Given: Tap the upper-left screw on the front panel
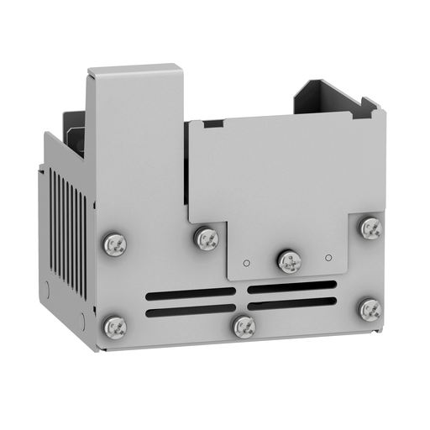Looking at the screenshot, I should point(114,244).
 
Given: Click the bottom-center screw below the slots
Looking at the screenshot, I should point(244,326).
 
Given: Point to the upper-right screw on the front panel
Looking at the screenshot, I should point(370,228).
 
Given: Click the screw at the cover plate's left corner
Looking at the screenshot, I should point(206,239).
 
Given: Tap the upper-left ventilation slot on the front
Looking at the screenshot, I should point(191,294).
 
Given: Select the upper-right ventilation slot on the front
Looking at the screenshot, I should point(292,287).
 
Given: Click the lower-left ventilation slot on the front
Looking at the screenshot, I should point(191,312).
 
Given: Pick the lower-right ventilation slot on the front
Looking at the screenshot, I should point(292,304).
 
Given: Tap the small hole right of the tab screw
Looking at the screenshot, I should point(329,256).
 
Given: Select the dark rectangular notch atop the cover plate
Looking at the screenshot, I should point(213,123).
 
